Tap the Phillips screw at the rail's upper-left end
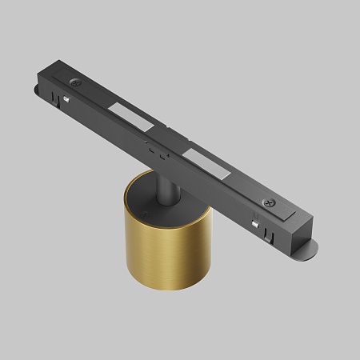pyautogui.click(x=74, y=82)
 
